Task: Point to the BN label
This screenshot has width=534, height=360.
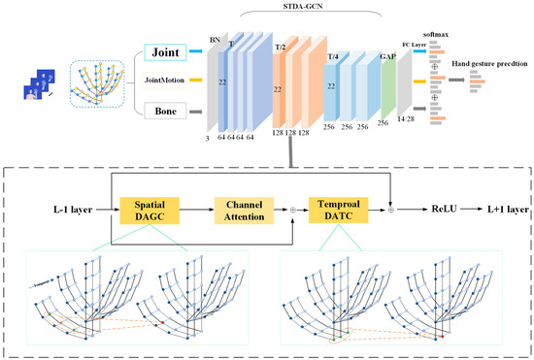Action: [x=215, y=40]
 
